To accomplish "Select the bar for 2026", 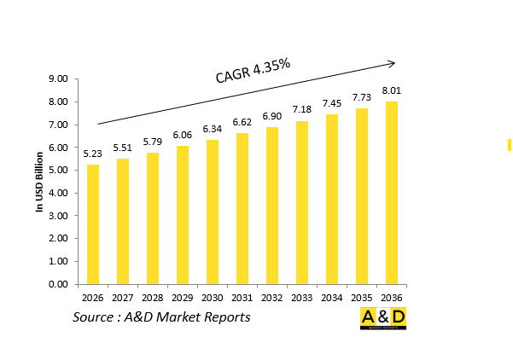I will (93, 224).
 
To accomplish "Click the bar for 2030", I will (213, 212).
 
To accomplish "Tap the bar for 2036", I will (392, 193).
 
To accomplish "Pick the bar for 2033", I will (302, 202).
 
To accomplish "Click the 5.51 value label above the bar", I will (123, 148).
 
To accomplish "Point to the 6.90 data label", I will (272, 115).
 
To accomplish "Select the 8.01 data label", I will (392, 90).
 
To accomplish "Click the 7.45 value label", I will (332, 103).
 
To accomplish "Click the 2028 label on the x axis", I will (153, 298).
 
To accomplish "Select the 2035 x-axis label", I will (362, 298).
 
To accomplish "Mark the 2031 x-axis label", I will (242, 298).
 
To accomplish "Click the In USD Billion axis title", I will (39, 182).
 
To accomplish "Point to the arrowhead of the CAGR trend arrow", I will (392, 62).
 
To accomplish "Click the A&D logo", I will (382, 320).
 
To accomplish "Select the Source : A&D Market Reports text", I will (161, 317).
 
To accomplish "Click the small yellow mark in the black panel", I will (509, 144).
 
